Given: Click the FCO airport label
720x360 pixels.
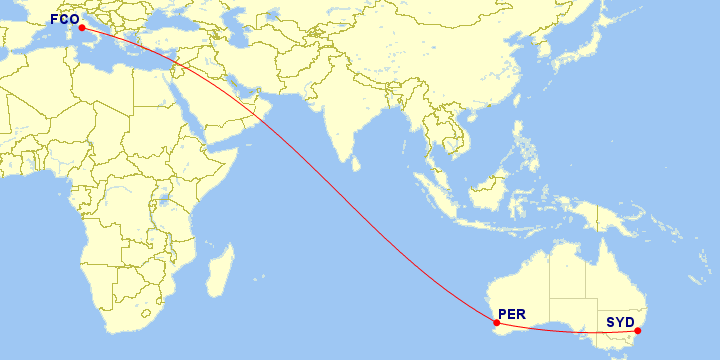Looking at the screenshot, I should point(65,19).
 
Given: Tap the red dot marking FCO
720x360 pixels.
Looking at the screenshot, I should point(82,28).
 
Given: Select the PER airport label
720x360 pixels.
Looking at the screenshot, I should point(511,314).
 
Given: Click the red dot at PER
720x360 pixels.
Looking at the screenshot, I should point(496,323).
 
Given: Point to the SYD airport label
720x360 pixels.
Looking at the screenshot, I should point(620,322).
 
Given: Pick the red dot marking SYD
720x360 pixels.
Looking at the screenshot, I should point(637,331).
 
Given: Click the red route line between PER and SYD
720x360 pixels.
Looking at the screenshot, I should point(570,333).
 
